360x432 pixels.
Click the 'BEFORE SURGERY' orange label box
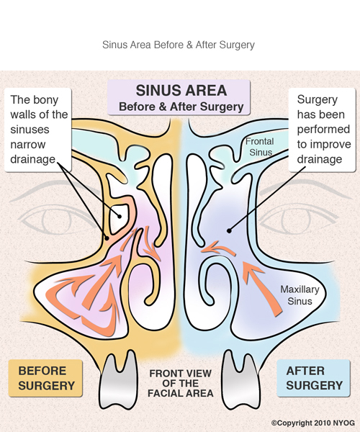pos(45,378)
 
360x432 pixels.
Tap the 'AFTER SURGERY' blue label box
pos(314,378)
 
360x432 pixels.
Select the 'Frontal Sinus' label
pos(259,147)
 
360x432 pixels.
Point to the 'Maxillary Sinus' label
pos(300,295)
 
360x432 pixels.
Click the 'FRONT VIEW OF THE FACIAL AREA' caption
pos(181,383)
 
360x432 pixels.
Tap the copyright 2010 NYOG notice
pos(313,423)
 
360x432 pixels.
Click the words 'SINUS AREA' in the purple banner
pos(181,91)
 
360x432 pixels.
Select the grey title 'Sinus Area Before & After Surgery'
pos(179,45)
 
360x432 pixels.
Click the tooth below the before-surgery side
pos(118,379)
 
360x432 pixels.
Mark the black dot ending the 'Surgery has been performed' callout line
pos(229,231)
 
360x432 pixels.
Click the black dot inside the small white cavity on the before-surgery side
pos(120,217)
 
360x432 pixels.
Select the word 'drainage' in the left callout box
pos(33,159)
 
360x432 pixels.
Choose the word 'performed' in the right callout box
pos(323,130)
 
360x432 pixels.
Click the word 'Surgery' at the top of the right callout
pos(318,100)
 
